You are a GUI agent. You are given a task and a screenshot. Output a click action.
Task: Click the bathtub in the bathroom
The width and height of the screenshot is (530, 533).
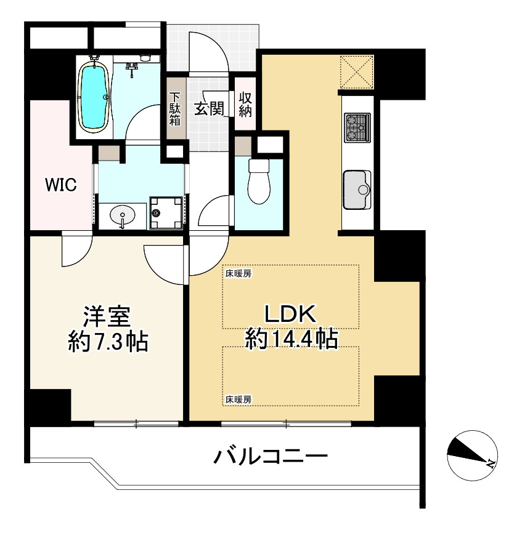(94, 97)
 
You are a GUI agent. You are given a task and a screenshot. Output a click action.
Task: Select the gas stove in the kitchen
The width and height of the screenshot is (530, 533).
(357, 127)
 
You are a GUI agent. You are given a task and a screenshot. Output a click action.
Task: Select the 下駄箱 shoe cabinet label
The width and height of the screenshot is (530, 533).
(176, 109)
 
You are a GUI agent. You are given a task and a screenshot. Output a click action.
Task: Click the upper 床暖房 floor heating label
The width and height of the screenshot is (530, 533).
(238, 273)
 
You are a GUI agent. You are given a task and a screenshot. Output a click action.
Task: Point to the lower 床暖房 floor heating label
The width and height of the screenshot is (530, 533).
(238, 399)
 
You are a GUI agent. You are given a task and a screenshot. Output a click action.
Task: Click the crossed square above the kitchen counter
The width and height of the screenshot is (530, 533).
(357, 71)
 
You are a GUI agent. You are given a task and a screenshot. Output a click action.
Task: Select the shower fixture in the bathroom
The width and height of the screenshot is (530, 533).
(132, 68)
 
